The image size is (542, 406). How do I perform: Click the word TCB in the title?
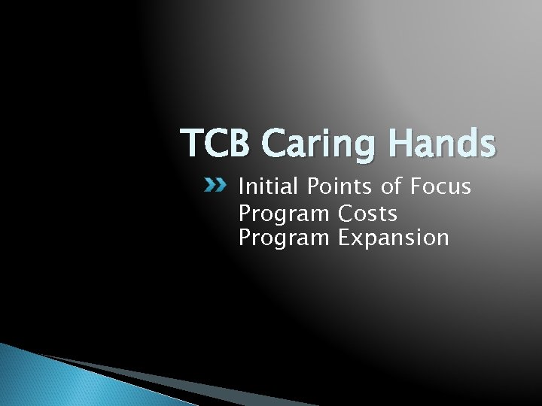(212, 143)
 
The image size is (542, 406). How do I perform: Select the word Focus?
(442, 186)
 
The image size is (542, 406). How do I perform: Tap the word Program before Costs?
(284, 215)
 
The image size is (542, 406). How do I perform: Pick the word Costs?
(367, 214)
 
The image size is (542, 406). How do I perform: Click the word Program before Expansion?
(284, 239)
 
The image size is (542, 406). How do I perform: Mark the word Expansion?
(393, 239)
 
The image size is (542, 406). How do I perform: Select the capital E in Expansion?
(343, 238)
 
